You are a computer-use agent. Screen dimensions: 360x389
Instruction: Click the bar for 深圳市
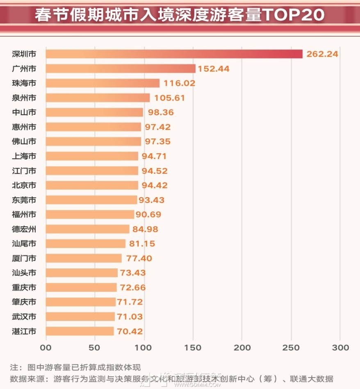click(x=174, y=54)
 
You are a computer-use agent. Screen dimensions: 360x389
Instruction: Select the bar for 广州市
click(x=121, y=68)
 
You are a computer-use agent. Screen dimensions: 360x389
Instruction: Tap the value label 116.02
click(x=179, y=83)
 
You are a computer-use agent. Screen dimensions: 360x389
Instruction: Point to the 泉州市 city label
click(x=24, y=98)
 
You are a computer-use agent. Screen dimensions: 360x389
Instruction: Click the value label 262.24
click(x=322, y=54)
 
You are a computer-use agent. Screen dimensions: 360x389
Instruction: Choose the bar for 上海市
click(x=92, y=156)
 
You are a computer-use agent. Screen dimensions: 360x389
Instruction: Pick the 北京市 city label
click(x=24, y=185)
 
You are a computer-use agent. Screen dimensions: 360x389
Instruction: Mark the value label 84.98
click(x=145, y=229)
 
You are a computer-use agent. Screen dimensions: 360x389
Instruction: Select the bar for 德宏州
click(x=88, y=229)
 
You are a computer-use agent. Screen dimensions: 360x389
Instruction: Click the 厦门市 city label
click(x=24, y=258)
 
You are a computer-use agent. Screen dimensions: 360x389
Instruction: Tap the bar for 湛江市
click(x=80, y=331)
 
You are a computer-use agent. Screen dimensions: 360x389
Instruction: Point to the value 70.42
click(x=130, y=331)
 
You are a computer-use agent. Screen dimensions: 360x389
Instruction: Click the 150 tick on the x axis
click(x=193, y=348)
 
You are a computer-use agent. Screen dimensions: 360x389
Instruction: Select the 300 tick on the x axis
click(x=340, y=348)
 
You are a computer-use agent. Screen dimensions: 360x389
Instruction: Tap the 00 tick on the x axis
click(x=46, y=348)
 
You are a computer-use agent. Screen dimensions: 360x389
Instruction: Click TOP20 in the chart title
click(x=293, y=14)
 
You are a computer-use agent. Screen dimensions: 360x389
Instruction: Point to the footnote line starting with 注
click(x=75, y=367)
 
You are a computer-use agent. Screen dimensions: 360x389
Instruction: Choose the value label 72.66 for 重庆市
click(x=133, y=287)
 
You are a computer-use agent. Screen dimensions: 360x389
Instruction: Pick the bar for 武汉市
click(x=80, y=316)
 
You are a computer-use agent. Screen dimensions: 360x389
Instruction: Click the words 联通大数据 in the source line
click(x=311, y=379)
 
